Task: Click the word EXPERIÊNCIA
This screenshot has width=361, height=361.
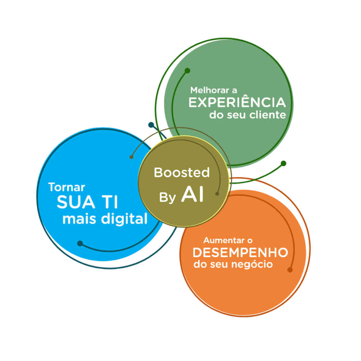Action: coord(237,102)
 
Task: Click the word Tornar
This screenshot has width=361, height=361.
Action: coord(67,187)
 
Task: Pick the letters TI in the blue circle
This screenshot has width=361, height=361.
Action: coord(109,202)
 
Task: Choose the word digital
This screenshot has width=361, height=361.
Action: coord(124,220)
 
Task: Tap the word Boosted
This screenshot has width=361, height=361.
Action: coord(182,173)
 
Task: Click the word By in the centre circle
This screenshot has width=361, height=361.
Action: coord(167,198)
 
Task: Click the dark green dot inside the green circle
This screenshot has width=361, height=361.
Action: coord(187,71)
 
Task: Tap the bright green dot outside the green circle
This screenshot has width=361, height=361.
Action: coord(283,163)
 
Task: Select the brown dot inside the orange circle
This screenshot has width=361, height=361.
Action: coord(290,270)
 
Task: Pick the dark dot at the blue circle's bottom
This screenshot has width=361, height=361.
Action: coord(80,243)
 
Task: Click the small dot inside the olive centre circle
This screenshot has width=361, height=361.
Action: coord(217,194)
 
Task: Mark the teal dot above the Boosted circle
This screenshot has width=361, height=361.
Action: coord(151,124)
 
